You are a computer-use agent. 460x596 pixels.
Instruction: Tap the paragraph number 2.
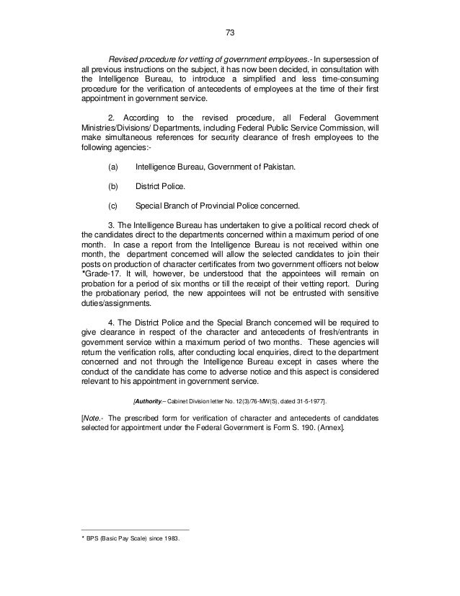click(110, 116)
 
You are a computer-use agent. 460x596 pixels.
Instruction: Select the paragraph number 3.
click(110, 224)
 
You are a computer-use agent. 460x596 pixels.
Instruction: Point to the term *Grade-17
click(99, 265)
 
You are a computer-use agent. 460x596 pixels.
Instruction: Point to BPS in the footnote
click(92, 537)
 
